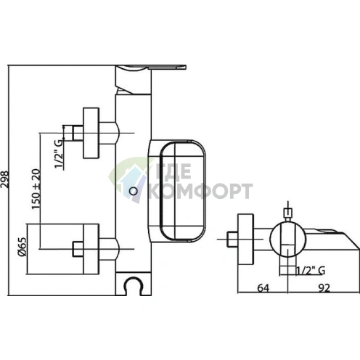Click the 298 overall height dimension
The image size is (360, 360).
click(5, 179)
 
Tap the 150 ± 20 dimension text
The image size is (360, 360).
click(36, 189)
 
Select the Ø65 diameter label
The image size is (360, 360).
click(22, 247)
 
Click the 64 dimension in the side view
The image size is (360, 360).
click(263, 288)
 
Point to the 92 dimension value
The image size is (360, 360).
click(324, 288)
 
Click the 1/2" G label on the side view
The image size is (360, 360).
click(311, 271)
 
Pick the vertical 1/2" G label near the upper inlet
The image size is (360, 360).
click(59, 154)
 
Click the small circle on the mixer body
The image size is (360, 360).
click(134, 191)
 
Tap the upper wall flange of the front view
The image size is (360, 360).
click(91, 133)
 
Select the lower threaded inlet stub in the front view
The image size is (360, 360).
click(78, 249)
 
